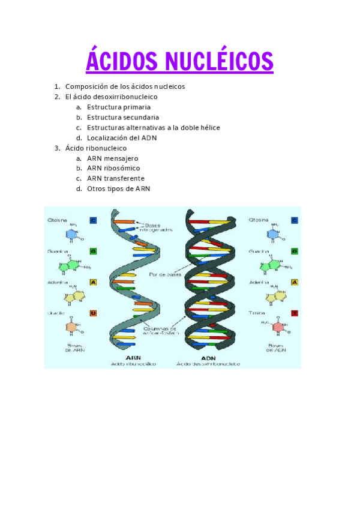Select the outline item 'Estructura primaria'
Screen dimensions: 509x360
coord(119,107)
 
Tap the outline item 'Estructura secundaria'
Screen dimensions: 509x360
coord(123,117)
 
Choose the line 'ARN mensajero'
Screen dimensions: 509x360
coord(112,158)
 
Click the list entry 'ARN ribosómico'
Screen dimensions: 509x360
coord(113,168)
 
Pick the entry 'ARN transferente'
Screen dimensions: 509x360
coord(116,178)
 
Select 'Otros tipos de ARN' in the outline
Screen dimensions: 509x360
coord(118,188)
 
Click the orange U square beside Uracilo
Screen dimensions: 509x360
coord(93,313)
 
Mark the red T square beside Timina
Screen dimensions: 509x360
coord(295,313)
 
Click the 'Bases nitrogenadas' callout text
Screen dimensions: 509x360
coord(158,226)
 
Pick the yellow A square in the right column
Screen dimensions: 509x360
coord(295,282)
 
